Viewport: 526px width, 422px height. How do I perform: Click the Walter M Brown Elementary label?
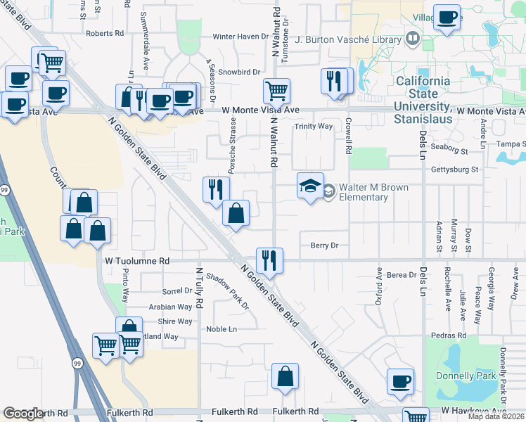click(364, 192)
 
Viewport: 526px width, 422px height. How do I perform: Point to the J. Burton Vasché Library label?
click(348, 39)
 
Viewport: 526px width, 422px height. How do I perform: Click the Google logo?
click(23, 414)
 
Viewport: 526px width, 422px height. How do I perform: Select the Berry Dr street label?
click(324, 245)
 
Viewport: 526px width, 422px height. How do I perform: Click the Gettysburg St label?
click(454, 170)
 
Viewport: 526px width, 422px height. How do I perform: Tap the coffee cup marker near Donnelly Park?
click(401, 382)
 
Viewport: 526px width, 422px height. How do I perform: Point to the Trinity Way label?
click(313, 127)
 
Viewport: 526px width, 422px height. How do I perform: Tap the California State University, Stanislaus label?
click(423, 94)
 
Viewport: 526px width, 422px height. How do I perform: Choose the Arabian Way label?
click(170, 307)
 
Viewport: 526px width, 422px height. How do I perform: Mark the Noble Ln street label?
click(222, 329)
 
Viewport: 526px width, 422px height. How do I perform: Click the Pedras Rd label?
click(451, 336)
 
